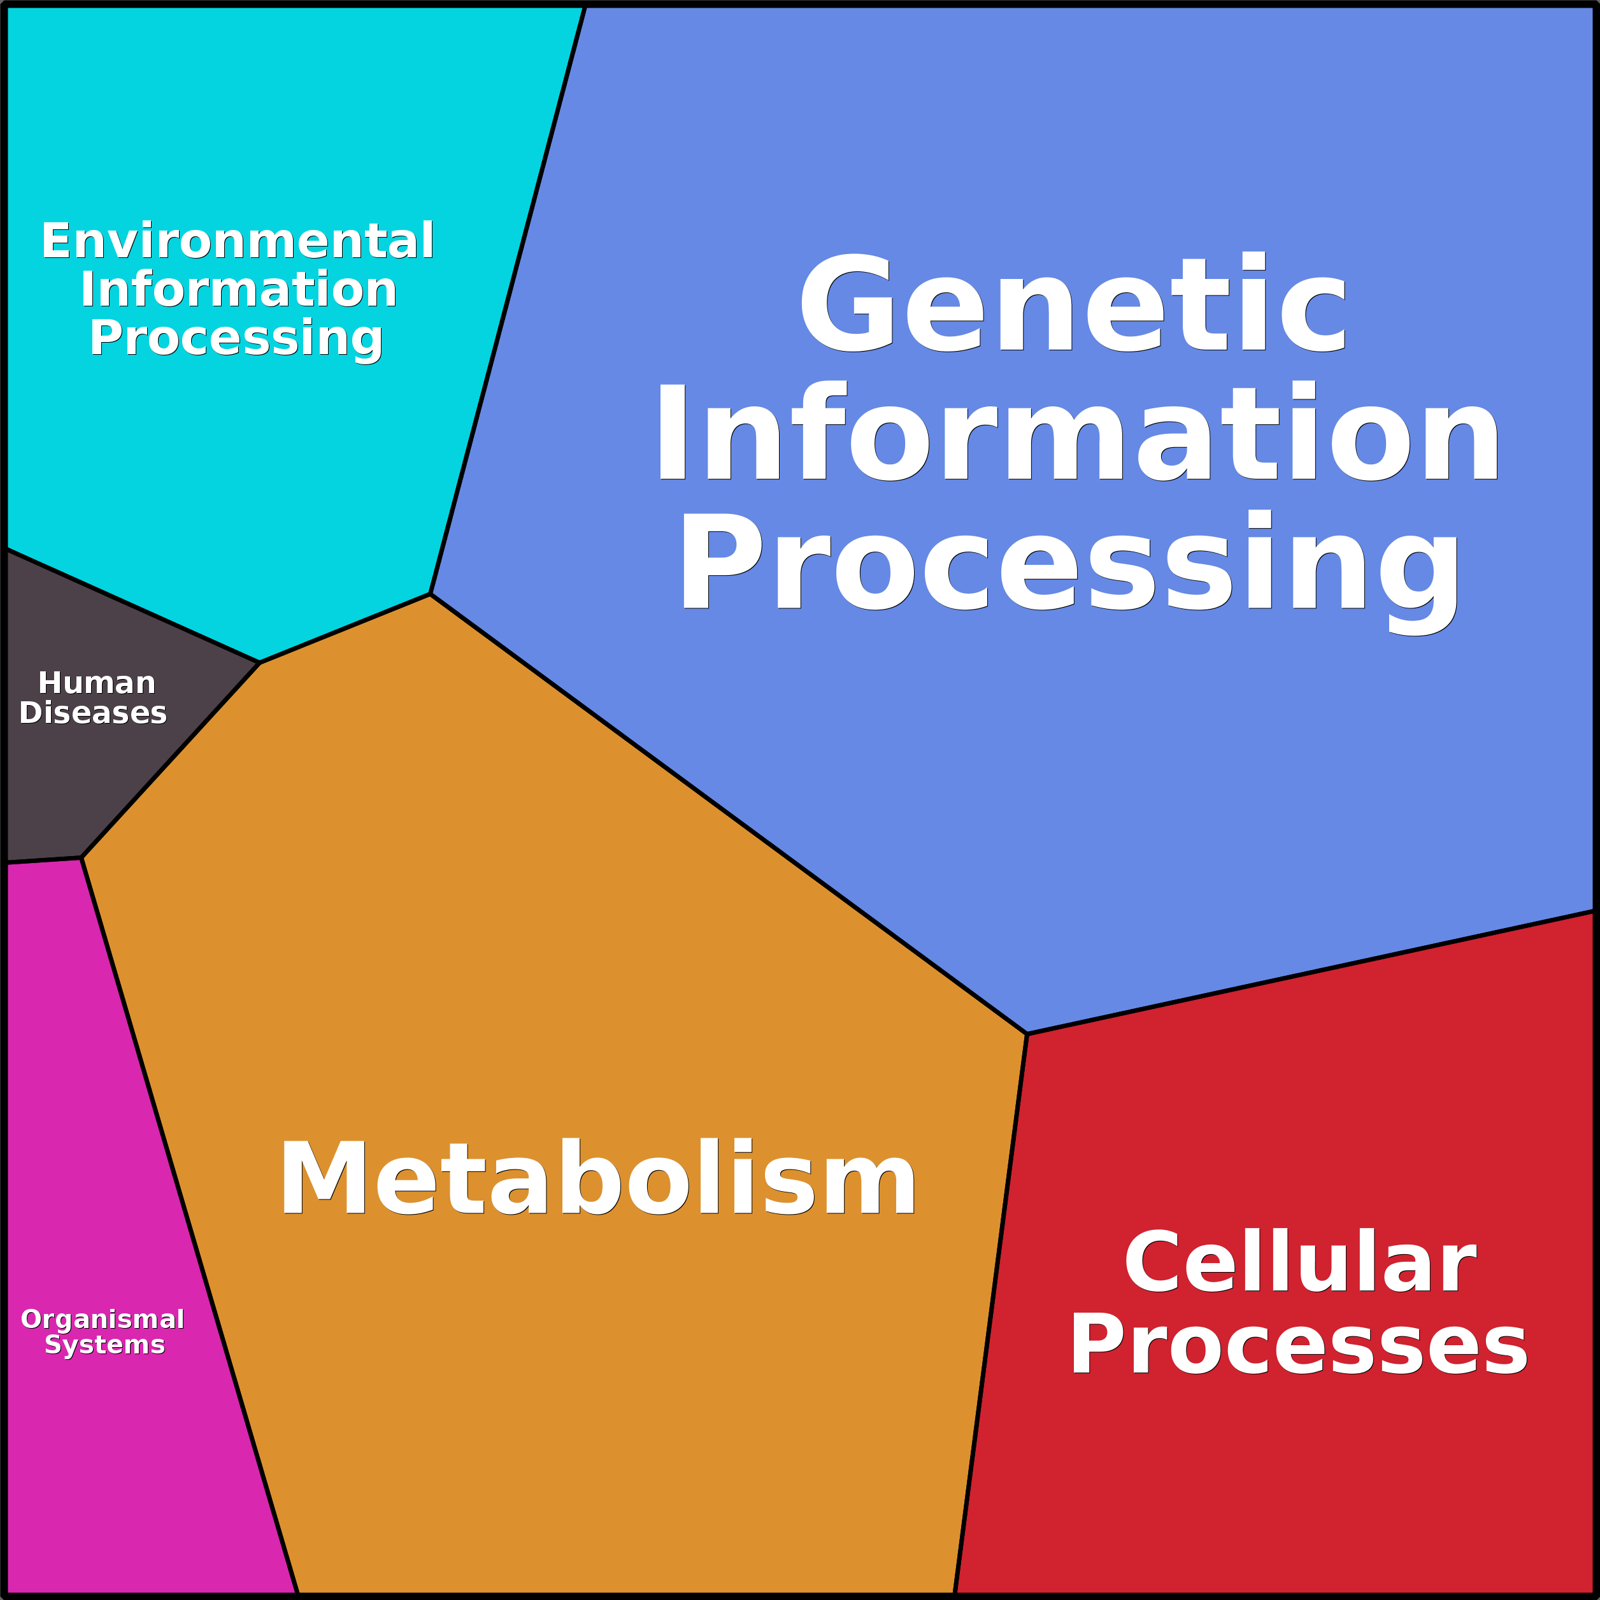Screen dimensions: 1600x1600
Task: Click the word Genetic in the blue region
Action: tap(1074, 303)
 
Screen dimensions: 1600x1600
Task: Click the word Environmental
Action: tap(238, 241)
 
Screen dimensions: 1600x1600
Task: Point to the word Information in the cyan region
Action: tap(238, 289)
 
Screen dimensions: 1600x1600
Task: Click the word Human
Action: tap(97, 683)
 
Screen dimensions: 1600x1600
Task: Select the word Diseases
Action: tap(93, 713)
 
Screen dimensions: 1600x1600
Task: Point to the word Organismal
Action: tap(103, 1319)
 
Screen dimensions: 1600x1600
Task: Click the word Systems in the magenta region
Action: tap(105, 1344)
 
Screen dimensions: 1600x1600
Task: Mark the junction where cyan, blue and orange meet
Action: tap(431, 594)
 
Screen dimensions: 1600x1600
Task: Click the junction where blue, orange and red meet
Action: tap(1027, 1034)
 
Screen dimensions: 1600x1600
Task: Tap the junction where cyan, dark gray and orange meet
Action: tap(260, 662)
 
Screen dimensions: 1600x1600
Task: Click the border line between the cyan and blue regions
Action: tap(508, 300)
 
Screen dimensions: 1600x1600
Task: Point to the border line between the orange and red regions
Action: tap(990, 1313)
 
